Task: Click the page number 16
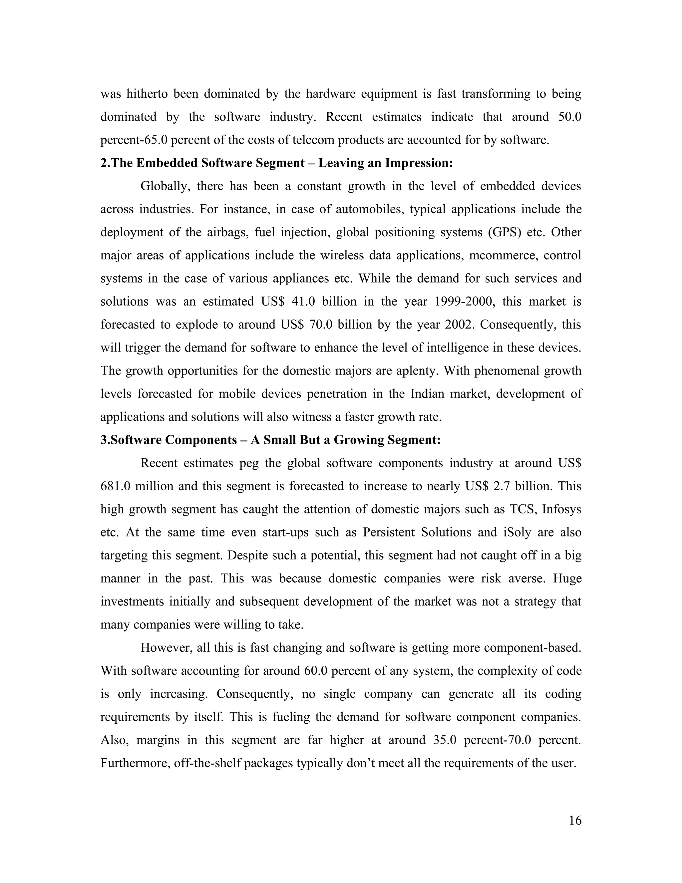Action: coord(575,821)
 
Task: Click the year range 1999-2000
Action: coord(465,302)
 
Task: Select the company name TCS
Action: coord(522,509)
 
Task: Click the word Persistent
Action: coord(388,532)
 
